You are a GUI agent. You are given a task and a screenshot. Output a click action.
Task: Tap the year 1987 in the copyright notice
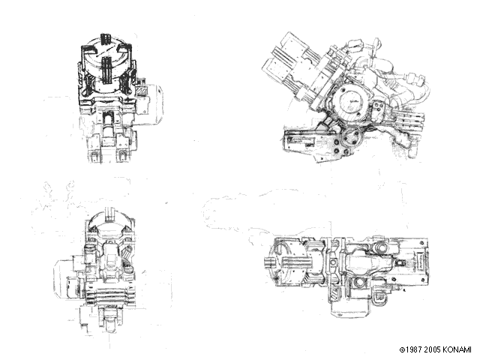pos(415,349)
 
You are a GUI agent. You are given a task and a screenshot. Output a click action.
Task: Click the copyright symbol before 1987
pos(403,349)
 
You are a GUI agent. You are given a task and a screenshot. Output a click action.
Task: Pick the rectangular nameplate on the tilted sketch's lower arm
pos(301,142)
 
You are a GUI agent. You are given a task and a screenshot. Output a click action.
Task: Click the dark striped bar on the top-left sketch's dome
pos(106,70)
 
